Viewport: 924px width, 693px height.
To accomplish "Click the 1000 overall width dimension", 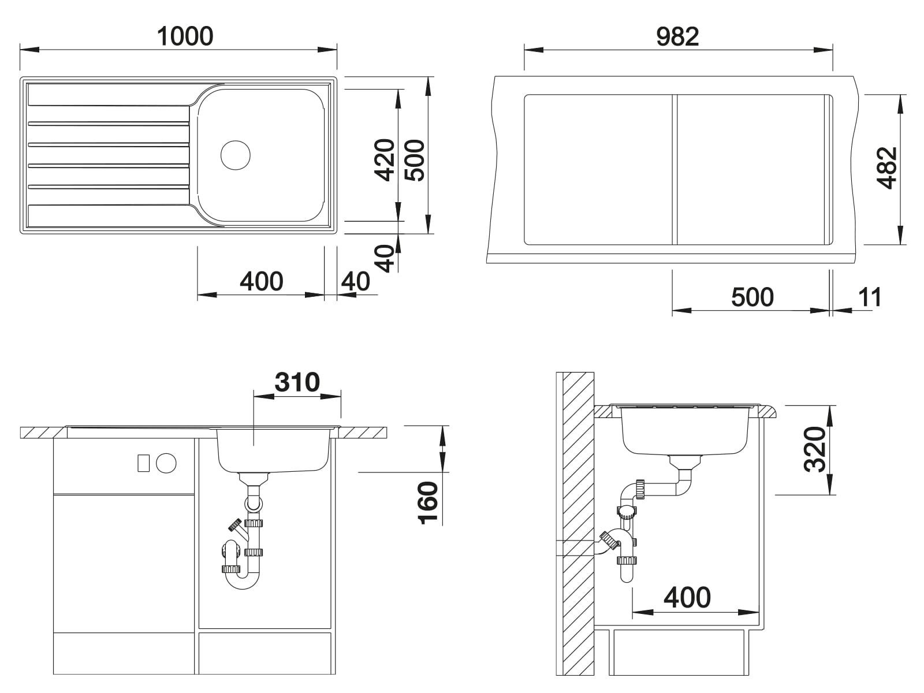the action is [185, 36].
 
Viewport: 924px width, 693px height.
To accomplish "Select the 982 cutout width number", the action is [677, 36].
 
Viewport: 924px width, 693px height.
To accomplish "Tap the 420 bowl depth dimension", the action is [385, 160].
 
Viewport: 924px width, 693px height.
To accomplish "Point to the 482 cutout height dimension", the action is [886, 167].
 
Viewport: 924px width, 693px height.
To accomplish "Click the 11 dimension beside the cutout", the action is [870, 297].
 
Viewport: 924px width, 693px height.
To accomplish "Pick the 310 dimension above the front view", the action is [297, 382].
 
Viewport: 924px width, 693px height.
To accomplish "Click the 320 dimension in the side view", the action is [814, 449].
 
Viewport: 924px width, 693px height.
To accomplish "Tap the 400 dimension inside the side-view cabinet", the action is [687, 598].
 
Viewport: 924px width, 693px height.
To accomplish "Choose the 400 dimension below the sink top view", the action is [262, 281].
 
